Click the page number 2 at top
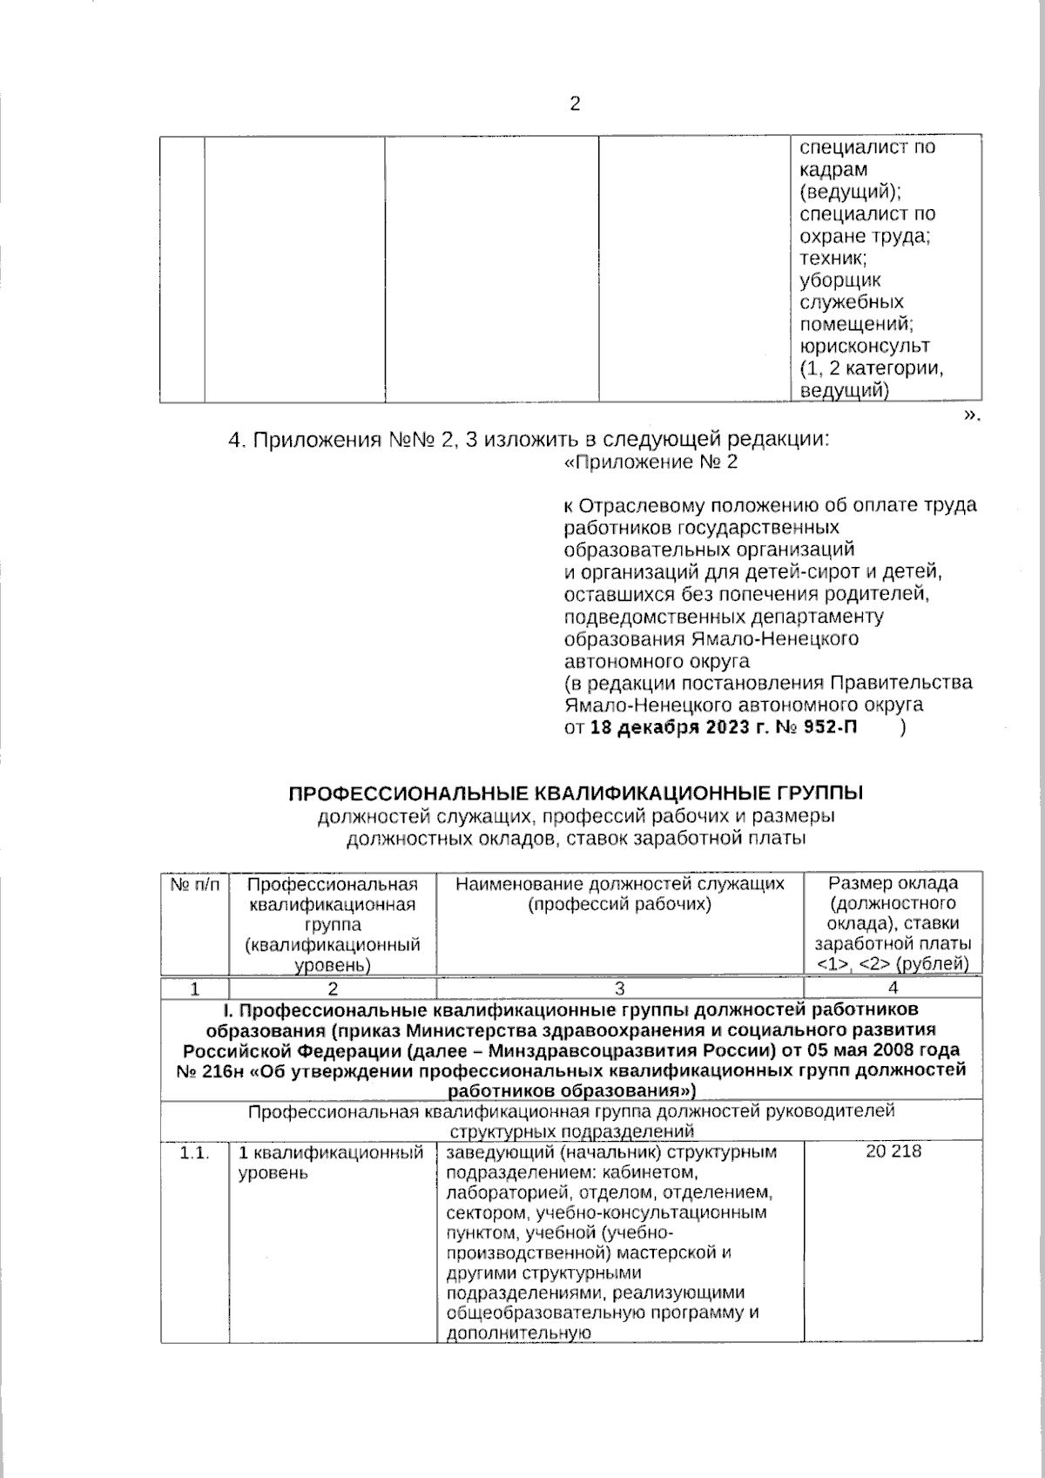pyautogui.click(x=574, y=105)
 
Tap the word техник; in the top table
pyautogui.click(x=833, y=258)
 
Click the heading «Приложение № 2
pyautogui.click(x=651, y=462)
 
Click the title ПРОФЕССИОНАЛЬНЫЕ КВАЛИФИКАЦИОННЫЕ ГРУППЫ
pyautogui.click(x=576, y=793)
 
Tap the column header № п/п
pyautogui.click(x=194, y=884)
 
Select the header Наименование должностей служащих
pyautogui.click(x=619, y=884)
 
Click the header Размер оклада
pyautogui.click(x=893, y=883)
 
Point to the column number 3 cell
pyautogui.click(x=619, y=988)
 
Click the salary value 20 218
pyautogui.click(x=893, y=1152)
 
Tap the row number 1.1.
pyautogui.click(x=194, y=1153)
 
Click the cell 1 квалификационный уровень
pyautogui.click(x=331, y=1163)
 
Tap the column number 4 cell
pyautogui.click(x=893, y=988)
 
